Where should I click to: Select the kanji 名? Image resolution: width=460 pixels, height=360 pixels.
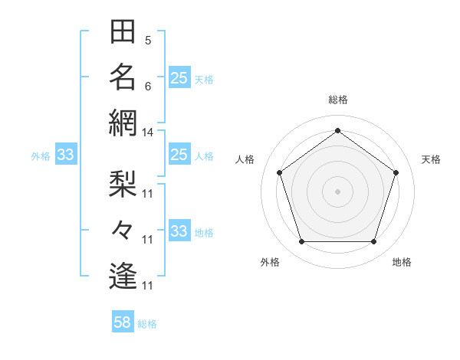123,77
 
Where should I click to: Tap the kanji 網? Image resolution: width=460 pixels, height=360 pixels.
123,122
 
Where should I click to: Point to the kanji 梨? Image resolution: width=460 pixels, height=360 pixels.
123,183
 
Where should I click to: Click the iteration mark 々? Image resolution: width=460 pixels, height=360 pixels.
123,229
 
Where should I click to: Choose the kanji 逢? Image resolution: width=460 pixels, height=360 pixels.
123,275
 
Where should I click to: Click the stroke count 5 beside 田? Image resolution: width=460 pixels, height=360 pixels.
147,40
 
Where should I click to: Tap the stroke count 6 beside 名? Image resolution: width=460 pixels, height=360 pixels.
147,86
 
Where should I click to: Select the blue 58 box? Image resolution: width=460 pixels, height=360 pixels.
123,322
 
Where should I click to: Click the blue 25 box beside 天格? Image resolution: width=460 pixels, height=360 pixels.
179,78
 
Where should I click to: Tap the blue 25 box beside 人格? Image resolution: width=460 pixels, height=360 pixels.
179,155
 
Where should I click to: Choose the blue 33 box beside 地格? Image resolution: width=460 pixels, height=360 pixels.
179,231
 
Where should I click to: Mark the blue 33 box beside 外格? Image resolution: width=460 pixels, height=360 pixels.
65,155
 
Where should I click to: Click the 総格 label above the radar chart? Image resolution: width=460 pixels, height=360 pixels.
337,100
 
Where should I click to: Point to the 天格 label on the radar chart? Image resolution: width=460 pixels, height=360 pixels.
431,159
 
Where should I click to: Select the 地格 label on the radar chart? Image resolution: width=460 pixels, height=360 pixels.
402,262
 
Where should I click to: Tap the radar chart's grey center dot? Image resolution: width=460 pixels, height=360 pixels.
337,191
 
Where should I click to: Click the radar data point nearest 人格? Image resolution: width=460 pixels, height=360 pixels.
279,172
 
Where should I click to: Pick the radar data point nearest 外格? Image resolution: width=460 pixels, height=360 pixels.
301,242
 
